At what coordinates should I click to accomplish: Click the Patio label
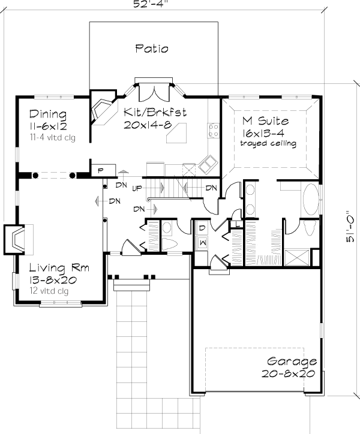click(151, 49)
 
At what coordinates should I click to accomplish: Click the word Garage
click(292, 361)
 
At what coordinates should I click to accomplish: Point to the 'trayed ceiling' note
click(268, 144)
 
